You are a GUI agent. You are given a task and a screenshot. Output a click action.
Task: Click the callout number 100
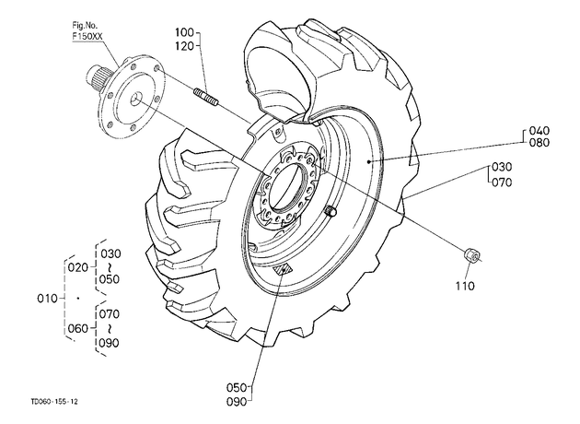pos(184,32)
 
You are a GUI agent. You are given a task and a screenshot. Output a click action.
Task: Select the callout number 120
pos(184,46)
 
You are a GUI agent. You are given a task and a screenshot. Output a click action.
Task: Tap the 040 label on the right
pos(539,131)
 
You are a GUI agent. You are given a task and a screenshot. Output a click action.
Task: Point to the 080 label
pos(539,143)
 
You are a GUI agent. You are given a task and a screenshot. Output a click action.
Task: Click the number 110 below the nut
pos(465,286)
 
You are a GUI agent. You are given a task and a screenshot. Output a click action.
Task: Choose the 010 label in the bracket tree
pos(47,299)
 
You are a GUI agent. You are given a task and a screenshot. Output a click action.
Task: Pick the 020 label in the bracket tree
pos(78,267)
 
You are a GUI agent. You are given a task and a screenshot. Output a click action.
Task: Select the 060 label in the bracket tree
pos(78,328)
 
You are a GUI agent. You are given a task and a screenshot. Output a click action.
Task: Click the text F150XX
pos(87,37)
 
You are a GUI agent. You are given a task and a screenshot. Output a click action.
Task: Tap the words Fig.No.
pos(85,26)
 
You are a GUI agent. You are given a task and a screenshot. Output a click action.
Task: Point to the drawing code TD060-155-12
pos(54,401)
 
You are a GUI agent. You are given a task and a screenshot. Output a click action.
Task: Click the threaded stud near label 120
pos(206,96)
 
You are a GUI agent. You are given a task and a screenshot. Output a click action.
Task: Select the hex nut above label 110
pos(471,255)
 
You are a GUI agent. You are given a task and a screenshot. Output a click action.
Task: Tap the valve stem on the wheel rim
pos(331,211)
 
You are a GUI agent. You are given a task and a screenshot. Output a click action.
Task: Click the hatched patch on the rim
pos(283,270)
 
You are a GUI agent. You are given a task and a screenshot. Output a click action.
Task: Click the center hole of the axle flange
pos(137,98)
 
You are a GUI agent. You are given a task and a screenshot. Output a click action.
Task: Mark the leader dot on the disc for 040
pos(369,161)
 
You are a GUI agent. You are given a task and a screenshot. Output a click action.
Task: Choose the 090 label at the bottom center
pos(237,402)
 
